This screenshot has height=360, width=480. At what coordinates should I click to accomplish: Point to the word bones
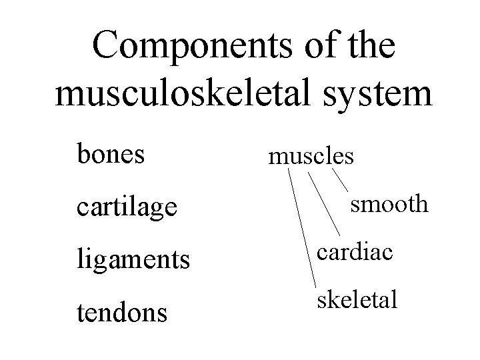pos(110,154)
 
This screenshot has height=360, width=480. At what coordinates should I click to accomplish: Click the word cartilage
pos(127,208)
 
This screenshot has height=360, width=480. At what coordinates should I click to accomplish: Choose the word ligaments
pos(133,259)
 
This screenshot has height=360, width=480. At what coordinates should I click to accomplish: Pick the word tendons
pos(122,311)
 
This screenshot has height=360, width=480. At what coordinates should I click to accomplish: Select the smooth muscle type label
pos(390,203)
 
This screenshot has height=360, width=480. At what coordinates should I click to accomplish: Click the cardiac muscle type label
pos(355,253)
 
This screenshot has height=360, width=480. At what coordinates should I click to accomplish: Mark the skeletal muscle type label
pos(357,300)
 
